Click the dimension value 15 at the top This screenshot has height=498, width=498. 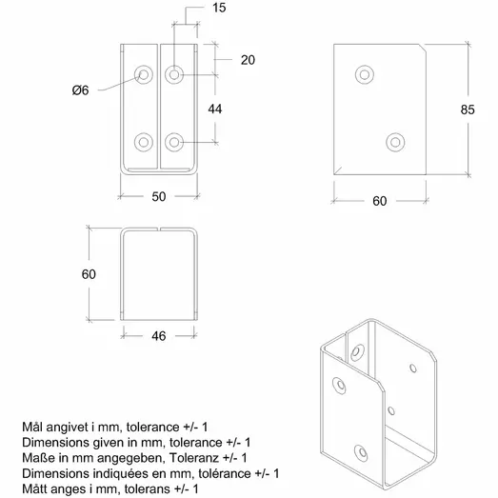pos(193,8)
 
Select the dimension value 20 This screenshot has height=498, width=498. pos(248,59)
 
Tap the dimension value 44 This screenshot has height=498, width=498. pos(216,110)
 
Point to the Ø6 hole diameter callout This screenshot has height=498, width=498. pos(81,90)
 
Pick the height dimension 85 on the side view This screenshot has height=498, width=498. pos(468,110)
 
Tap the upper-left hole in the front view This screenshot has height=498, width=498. pos(143,73)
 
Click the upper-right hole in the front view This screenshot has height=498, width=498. pos(174,73)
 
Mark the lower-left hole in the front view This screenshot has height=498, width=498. pos(143,142)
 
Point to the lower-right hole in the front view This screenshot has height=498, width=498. pos(174,142)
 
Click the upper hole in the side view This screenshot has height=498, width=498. pos(364,74)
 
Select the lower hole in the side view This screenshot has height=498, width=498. pos(396,141)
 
